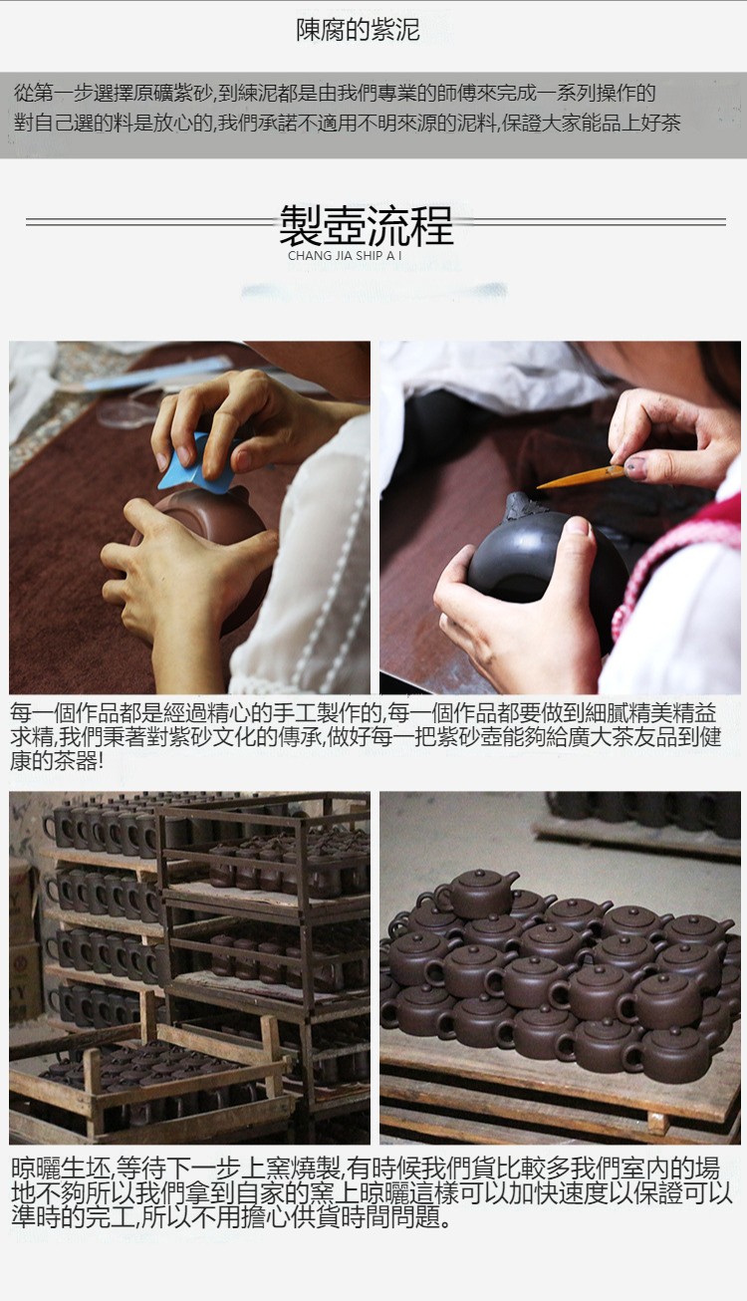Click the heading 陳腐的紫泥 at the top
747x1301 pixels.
(358, 30)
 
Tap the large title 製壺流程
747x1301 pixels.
(366, 225)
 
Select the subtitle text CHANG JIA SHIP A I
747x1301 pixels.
(345, 256)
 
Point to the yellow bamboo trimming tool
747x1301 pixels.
(581, 477)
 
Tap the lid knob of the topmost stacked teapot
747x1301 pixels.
(479, 873)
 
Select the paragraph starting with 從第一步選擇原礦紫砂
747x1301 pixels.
(347, 108)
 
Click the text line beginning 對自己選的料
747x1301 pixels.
(347, 123)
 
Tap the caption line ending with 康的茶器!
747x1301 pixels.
(57, 761)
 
